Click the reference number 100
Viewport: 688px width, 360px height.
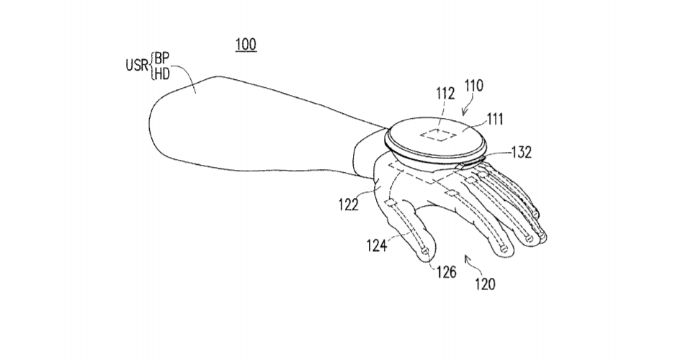pyautogui.click(x=246, y=44)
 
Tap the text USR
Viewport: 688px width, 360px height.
pyautogui.click(x=137, y=66)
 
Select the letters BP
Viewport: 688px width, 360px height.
pyautogui.click(x=161, y=59)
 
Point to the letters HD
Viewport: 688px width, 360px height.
pyautogui.click(x=161, y=74)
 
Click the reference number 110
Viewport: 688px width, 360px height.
pyautogui.click(x=473, y=85)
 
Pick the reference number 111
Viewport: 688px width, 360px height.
pyautogui.click(x=494, y=120)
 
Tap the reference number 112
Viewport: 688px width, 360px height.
pyautogui.click(x=445, y=93)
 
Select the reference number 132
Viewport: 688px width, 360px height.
pyautogui.click(x=522, y=152)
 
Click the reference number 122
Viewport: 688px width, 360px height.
pyautogui.click(x=349, y=204)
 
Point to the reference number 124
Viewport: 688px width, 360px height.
pyautogui.click(x=377, y=246)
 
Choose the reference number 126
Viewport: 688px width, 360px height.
pyautogui.click(x=446, y=272)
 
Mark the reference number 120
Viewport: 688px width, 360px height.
pyautogui.click(x=485, y=284)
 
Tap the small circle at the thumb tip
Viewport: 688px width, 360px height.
pyautogui.click(x=425, y=251)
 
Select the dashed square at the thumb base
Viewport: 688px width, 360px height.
pyautogui.click(x=389, y=202)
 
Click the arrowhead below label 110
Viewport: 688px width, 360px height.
pyautogui.click(x=463, y=114)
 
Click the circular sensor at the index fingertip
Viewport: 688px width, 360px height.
pyautogui.click(x=504, y=249)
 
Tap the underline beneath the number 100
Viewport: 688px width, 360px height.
pyautogui.click(x=246, y=52)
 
